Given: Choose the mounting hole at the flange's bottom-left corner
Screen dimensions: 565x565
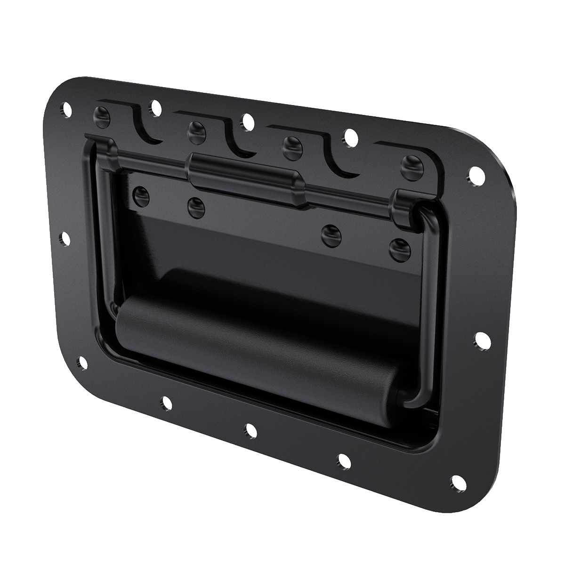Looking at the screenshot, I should (82, 362).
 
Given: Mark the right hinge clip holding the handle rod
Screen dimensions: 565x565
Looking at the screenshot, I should (403, 207).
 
